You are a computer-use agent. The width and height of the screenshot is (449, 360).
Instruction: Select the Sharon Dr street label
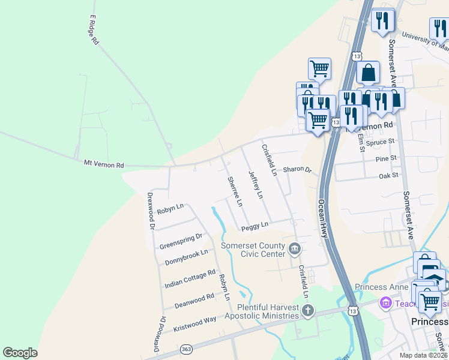pyautogui.click(x=298, y=170)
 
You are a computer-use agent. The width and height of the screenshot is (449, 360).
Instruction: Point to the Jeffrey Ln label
pyautogui.click(x=256, y=185)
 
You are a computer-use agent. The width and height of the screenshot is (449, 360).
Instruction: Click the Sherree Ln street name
pyautogui.click(x=235, y=191)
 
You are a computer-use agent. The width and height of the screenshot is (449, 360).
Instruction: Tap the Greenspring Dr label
pyautogui.click(x=181, y=242)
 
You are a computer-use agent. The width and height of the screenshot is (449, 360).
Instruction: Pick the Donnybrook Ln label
pyautogui.click(x=186, y=257)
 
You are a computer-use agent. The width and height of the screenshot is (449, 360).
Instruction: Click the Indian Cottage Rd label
pyautogui.click(x=190, y=279)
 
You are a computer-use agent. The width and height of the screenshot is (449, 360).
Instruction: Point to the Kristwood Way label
pyautogui.click(x=194, y=323)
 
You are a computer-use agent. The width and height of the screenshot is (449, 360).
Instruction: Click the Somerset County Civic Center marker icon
pyautogui.click(x=295, y=248)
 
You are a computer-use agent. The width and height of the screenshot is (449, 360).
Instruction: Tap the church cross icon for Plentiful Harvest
pyautogui.click(x=307, y=311)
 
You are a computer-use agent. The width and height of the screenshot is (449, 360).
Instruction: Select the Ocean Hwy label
pyautogui.click(x=323, y=218)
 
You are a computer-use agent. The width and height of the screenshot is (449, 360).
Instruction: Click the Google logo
pyautogui.click(x=20, y=353)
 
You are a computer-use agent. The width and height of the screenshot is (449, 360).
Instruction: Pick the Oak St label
pyautogui.click(x=388, y=175)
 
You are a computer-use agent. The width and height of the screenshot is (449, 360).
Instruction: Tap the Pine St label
pyautogui.click(x=386, y=158)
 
